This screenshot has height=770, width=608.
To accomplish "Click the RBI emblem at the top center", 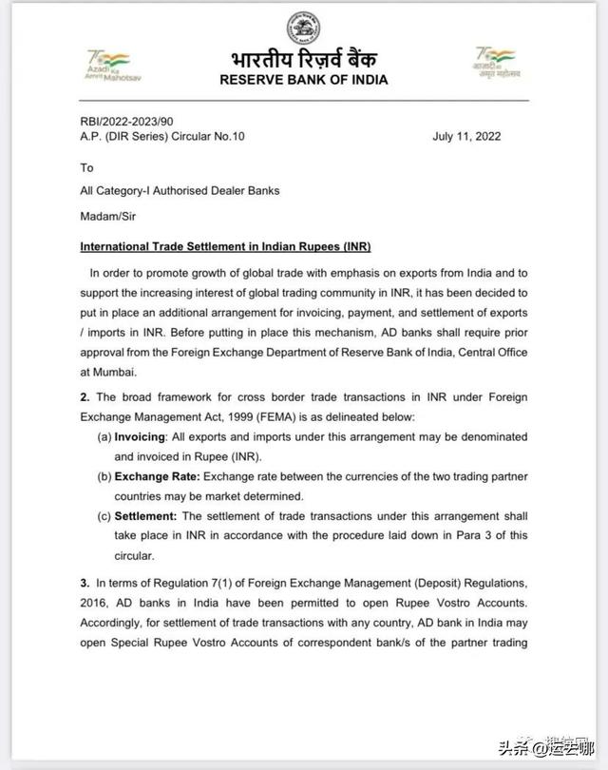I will pos(303,23).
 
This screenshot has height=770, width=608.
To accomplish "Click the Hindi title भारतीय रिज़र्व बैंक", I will pos(303,58).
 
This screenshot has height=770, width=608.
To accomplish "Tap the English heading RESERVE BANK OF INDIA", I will pos(303,80).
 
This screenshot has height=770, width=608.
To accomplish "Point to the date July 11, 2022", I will pos(466,136).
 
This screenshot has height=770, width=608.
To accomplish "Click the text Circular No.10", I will pos(206,136).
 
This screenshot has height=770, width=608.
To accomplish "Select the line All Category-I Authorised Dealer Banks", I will pos(180,191).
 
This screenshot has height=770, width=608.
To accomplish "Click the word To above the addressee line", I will pos(87,167).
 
